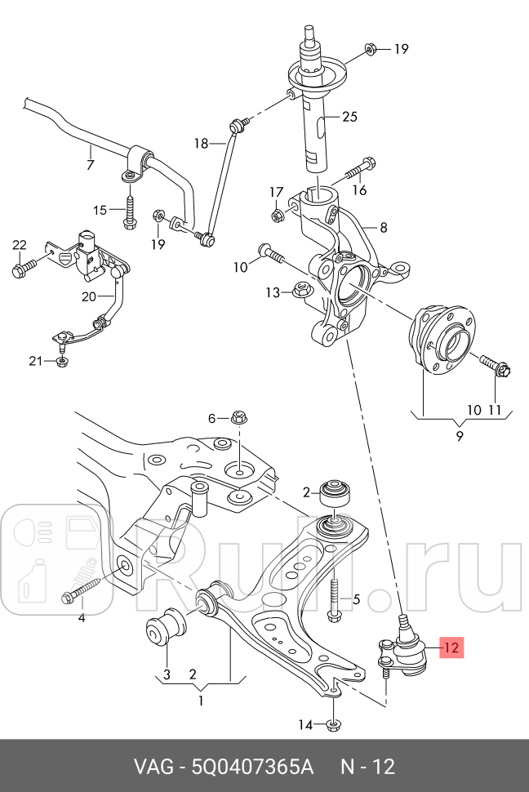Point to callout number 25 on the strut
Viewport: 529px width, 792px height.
pyautogui.click(x=349, y=117)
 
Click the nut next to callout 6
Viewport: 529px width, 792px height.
pyautogui.click(x=240, y=418)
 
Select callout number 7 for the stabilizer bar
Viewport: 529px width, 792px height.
pyautogui.click(x=90, y=165)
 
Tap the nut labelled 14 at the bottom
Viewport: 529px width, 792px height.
pyautogui.click(x=334, y=724)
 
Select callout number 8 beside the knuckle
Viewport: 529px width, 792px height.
pyautogui.click(x=383, y=229)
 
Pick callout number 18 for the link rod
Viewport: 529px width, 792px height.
pyautogui.click(x=201, y=144)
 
